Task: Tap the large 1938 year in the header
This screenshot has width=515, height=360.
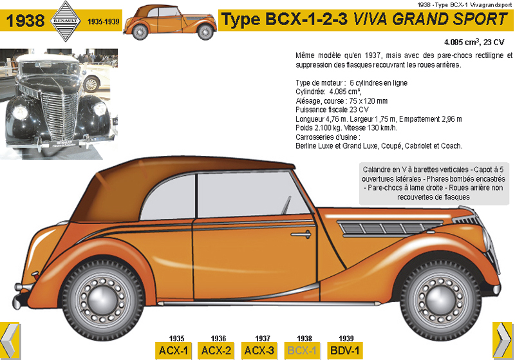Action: click(x=26, y=21)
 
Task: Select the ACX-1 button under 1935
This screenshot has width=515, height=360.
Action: click(x=176, y=351)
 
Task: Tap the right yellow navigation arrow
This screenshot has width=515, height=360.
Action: click(x=502, y=339)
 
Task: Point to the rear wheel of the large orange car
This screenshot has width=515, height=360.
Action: click(x=109, y=298)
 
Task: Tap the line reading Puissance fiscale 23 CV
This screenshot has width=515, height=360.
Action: click(x=332, y=110)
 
